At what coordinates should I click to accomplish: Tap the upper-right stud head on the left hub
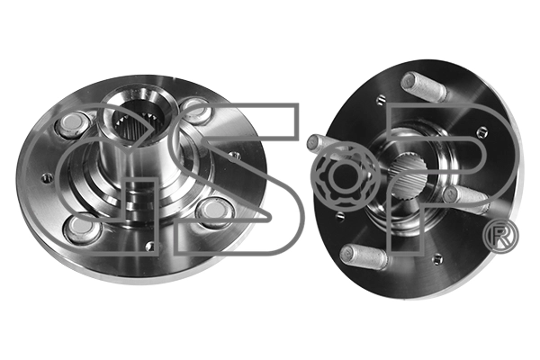[x=194, y=110]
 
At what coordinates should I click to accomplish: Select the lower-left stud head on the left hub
[x=83, y=228]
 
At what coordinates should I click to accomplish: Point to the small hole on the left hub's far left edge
[x=47, y=178]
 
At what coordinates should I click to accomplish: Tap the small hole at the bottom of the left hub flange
[x=150, y=246]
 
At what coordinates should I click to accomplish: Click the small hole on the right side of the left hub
[x=235, y=156]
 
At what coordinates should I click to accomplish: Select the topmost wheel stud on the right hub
[x=424, y=86]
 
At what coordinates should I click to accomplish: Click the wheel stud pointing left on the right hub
[x=326, y=144]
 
